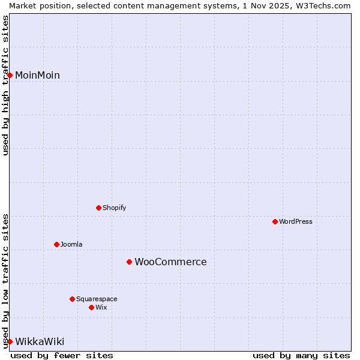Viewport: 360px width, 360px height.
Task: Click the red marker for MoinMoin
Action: pos(10,75)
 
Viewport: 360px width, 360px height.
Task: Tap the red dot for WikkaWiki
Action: pos(10,341)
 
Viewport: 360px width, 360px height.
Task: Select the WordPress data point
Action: pos(275,221)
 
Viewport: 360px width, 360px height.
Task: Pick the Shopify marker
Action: pos(98,208)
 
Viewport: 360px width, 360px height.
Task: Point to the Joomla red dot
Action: pos(56,244)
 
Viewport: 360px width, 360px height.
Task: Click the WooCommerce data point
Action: pos(129,262)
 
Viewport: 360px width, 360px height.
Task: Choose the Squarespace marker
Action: pos(72,299)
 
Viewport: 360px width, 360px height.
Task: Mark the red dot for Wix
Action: pos(91,307)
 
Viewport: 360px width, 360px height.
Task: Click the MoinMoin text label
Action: pos(37,75)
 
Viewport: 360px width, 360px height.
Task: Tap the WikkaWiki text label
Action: pos(40,341)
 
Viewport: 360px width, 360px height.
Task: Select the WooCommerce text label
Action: pos(170,262)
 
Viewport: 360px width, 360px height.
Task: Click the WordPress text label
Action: pos(296,221)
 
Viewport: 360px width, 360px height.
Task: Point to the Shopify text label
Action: pos(115,208)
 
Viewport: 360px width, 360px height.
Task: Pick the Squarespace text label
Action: pos(97,299)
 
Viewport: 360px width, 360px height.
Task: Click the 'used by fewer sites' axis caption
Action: pos(62,355)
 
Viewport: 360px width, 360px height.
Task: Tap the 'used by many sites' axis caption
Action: pos(301,355)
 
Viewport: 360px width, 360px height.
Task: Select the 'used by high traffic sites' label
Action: pos(5,85)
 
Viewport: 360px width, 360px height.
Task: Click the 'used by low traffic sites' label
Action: pos(5,281)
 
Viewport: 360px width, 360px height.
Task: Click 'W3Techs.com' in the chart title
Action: pos(322,5)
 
